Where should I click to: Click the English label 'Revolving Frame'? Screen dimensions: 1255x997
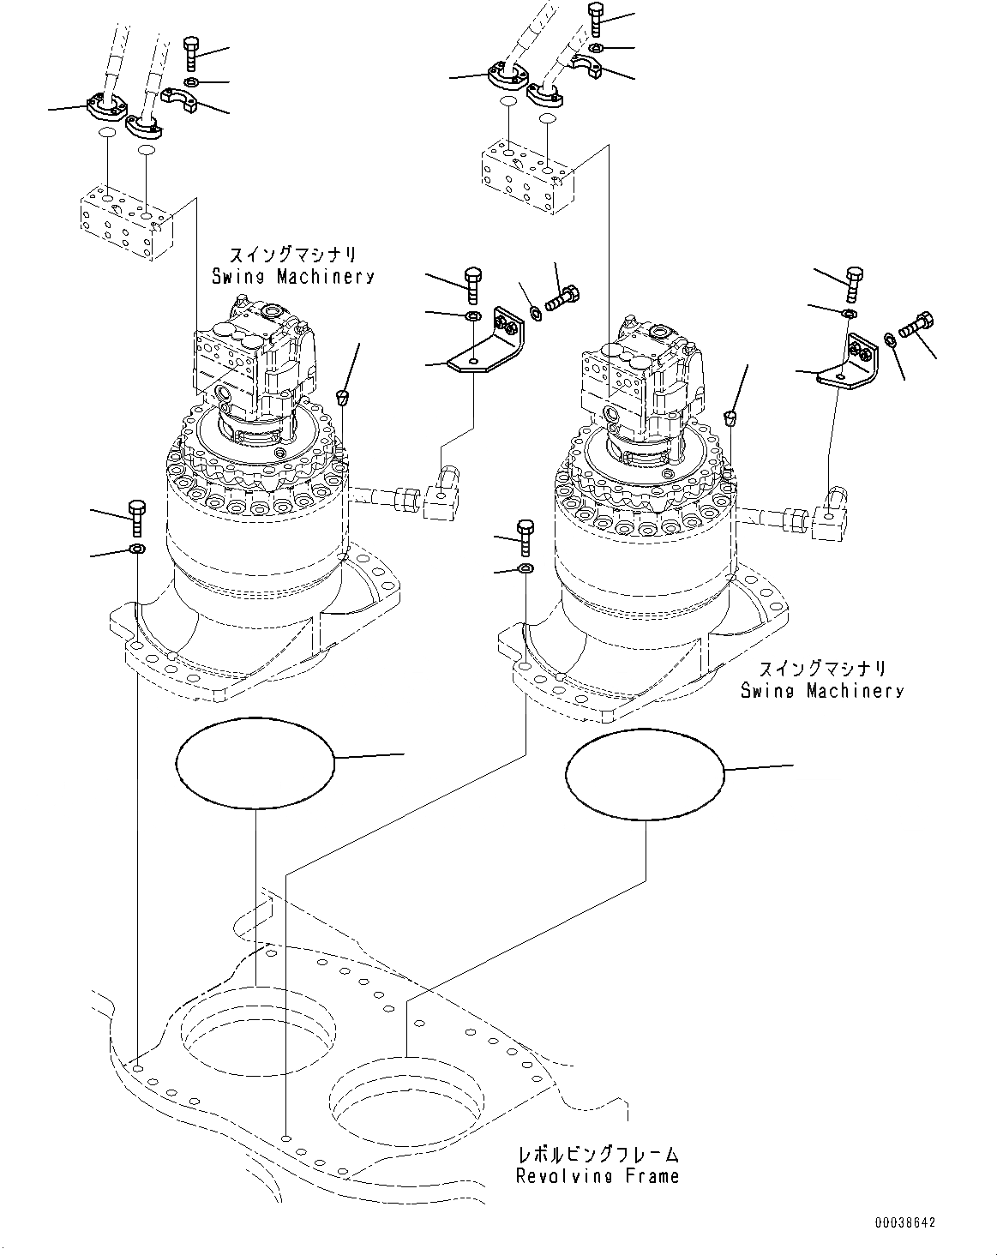click(597, 1175)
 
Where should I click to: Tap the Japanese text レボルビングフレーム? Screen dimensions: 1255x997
click(598, 1154)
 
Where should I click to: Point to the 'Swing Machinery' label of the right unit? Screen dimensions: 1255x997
click(822, 690)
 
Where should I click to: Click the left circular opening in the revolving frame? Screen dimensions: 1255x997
click(257, 1030)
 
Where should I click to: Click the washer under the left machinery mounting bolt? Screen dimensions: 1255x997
click(136, 548)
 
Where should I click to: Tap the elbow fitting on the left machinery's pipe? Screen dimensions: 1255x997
click(443, 496)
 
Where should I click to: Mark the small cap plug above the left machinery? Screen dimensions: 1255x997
click(343, 395)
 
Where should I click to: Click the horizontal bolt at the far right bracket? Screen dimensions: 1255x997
click(918, 327)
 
